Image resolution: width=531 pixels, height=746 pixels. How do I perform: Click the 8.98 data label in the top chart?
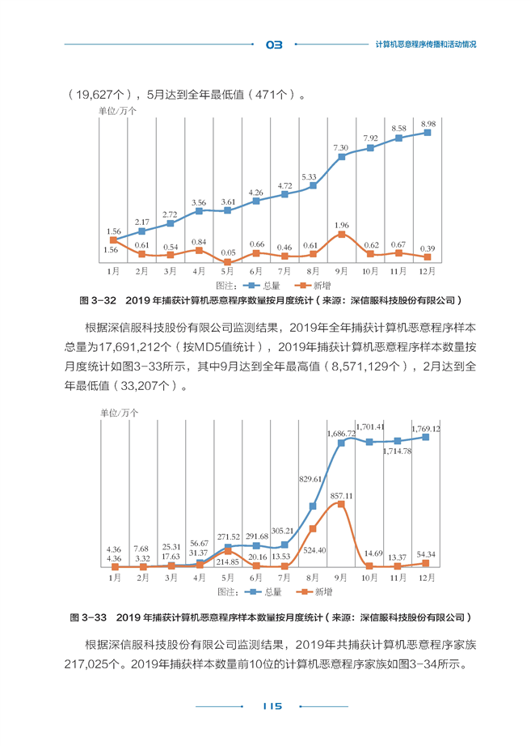(428, 124)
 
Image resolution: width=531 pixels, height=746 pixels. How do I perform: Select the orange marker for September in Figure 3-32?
(341, 234)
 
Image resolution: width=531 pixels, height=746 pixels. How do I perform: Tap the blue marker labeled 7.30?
(341, 156)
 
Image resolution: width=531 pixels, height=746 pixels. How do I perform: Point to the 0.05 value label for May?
(228, 252)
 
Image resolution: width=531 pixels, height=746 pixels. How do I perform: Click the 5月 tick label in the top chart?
(227, 271)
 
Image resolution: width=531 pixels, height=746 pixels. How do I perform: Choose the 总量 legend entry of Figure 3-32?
(262, 286)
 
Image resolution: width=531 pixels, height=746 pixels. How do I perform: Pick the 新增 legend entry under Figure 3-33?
(314, 591)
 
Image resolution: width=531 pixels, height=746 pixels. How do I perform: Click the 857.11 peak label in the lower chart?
(341, 496)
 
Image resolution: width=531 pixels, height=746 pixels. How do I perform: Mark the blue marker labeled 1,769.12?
(426, 437)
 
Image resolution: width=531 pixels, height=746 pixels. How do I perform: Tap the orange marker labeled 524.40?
(313, 528)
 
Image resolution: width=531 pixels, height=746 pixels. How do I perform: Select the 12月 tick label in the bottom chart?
(427, 578)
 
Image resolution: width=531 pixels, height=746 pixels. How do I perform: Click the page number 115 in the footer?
(272, 706)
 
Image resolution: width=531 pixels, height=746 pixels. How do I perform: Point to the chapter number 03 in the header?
(274, 45)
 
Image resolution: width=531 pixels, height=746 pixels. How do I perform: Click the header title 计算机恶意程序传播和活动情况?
(426, 45)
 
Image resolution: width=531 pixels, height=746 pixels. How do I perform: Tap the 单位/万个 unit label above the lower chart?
(119, 413)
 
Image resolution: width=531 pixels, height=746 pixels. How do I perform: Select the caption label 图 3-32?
(98, 301)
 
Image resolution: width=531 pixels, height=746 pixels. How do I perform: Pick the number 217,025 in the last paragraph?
(86, 664)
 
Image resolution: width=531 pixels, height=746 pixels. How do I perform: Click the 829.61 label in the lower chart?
(310, 479)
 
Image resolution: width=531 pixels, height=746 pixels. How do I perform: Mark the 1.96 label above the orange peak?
(341, 225)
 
